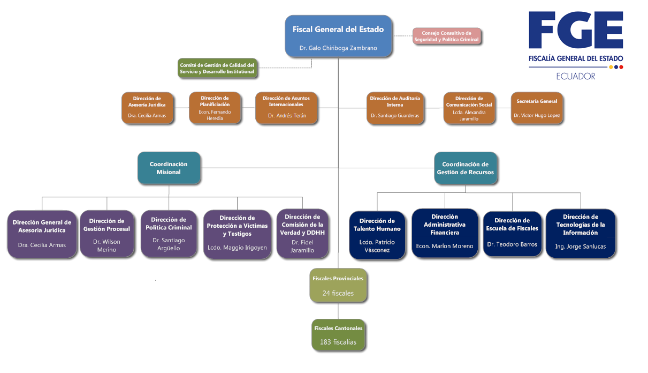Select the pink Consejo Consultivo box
coord(447,36)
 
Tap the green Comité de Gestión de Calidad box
coord(217,68)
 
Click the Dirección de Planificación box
coord(215,108)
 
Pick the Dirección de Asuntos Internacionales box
coord(286,108)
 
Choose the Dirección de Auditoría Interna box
coord(395,108)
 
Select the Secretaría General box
coord(537,108)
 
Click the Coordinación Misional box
coord(169,168)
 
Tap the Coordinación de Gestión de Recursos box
coord(465,168)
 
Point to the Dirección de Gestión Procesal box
coord(107,234)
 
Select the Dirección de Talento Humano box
coord(377,234)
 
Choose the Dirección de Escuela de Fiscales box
coord(513,233)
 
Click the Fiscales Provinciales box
coord(338,285)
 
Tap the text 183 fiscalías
coord(338,342)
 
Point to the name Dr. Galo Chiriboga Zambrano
coord(338,48)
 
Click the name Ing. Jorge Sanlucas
coord(581,247)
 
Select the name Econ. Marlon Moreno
coord(445,246)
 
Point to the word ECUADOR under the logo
coord(576,76)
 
